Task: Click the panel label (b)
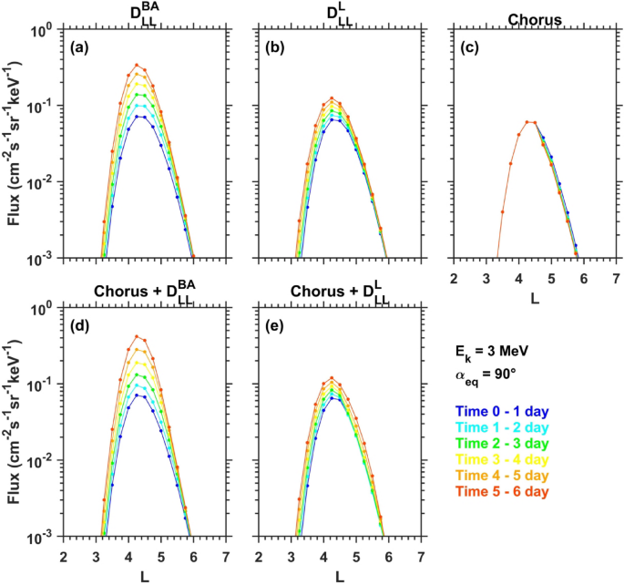(277, 46)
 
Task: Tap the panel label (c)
(470, 46)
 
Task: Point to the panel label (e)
(277, 323)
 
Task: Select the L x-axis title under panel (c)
(533, 297)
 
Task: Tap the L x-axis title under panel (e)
(339, 576)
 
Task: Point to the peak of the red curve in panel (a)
(137, 65)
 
